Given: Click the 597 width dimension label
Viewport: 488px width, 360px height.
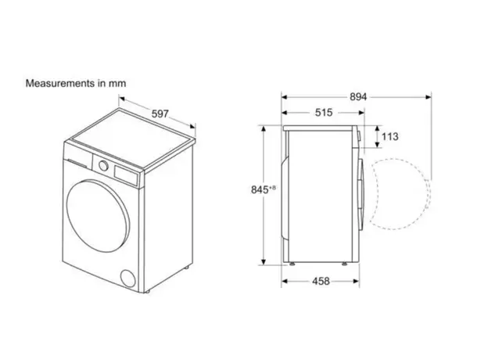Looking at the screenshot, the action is click(160, 114).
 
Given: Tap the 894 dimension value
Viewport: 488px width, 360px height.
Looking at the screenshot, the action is click(358, 97).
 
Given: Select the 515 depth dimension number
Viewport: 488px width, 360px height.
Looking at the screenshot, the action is click(324, 113).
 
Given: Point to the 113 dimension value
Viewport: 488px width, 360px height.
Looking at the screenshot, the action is click(389, 136).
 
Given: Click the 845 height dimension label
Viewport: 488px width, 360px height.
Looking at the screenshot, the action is click(260, 189).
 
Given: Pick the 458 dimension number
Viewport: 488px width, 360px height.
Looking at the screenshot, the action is click(321, 281).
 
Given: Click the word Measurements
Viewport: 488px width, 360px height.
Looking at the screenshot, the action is click(60, 84).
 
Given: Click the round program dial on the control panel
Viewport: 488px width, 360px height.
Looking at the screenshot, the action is click(104, 165).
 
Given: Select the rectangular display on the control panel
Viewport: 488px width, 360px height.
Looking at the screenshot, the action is click(126, 175).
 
